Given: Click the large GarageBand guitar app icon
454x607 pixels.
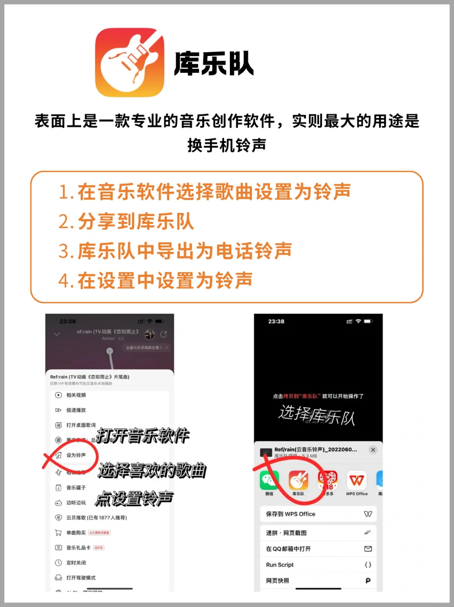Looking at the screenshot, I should coord(129,63).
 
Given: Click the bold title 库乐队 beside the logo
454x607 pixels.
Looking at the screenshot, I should coord(214,64).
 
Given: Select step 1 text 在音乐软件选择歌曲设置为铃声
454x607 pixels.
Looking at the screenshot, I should coord(205,192).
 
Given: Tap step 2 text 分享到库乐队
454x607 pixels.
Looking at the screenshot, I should coord(126,222).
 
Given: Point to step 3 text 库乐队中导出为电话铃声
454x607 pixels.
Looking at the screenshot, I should coord(175,251).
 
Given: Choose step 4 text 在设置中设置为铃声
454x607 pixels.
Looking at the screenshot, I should coord(156,281).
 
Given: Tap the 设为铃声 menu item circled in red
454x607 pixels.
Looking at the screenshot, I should coord(76,455).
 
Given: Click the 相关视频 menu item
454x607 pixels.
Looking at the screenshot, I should coord(76,395).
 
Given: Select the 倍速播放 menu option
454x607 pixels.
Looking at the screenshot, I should coord(76,410).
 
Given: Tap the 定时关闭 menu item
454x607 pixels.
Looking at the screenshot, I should coord(76,563).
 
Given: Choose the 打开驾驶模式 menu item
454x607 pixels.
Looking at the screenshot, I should coord(80,578).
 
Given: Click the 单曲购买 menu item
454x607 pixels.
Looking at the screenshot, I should coord(76,533).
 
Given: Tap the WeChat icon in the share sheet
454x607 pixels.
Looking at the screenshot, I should coord(269,480).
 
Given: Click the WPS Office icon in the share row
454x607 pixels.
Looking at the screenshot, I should coord(356,480).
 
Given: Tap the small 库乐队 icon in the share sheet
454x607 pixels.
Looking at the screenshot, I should coord(298,480).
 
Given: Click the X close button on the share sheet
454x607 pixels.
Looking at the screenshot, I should coord(373,450).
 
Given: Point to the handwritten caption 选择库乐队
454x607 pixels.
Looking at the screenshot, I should coord(317,415).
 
